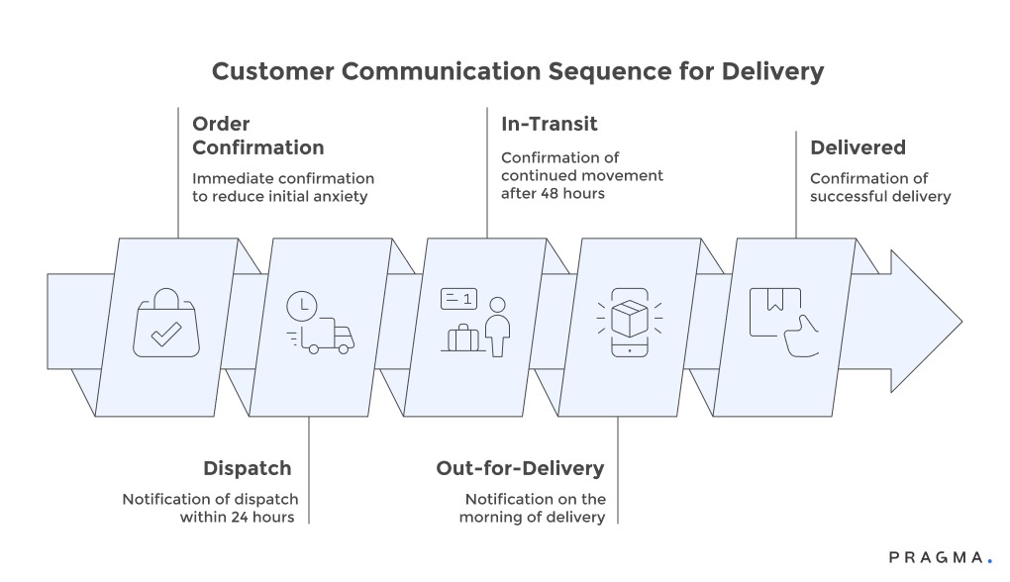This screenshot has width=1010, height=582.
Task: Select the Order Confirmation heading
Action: pyautogui.click(x=257, y=136)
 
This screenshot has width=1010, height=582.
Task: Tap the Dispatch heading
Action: pyautogui.click(x=247, y=468)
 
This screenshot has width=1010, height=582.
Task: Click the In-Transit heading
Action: pyautogui.click(x=549, y=124)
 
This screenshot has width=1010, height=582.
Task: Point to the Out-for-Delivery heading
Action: pyautogui.click(x=520, y=468)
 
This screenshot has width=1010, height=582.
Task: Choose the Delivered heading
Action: pyautogui.click(x=858, y=147)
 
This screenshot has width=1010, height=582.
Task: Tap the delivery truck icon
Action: pyautogui.click(x=328, y=339)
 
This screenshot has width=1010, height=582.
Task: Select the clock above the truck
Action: pyautogui.click(x=301, y=306)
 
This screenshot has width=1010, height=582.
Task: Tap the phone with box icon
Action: pyautogui.click(x=628, y=323)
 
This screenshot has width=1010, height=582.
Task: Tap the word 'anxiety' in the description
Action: pyautogui.click(x=338, y=196)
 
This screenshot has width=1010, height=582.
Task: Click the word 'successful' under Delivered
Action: pyautogui.click(x=853, y=196)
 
